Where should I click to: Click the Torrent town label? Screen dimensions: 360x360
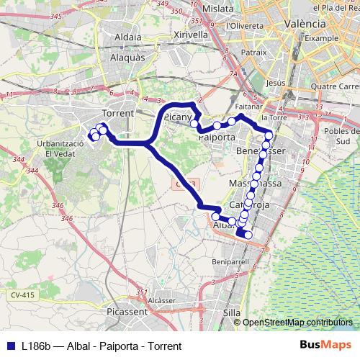119,114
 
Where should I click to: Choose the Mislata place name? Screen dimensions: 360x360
219,8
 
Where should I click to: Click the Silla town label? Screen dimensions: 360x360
233,313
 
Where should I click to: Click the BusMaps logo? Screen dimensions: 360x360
325,346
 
